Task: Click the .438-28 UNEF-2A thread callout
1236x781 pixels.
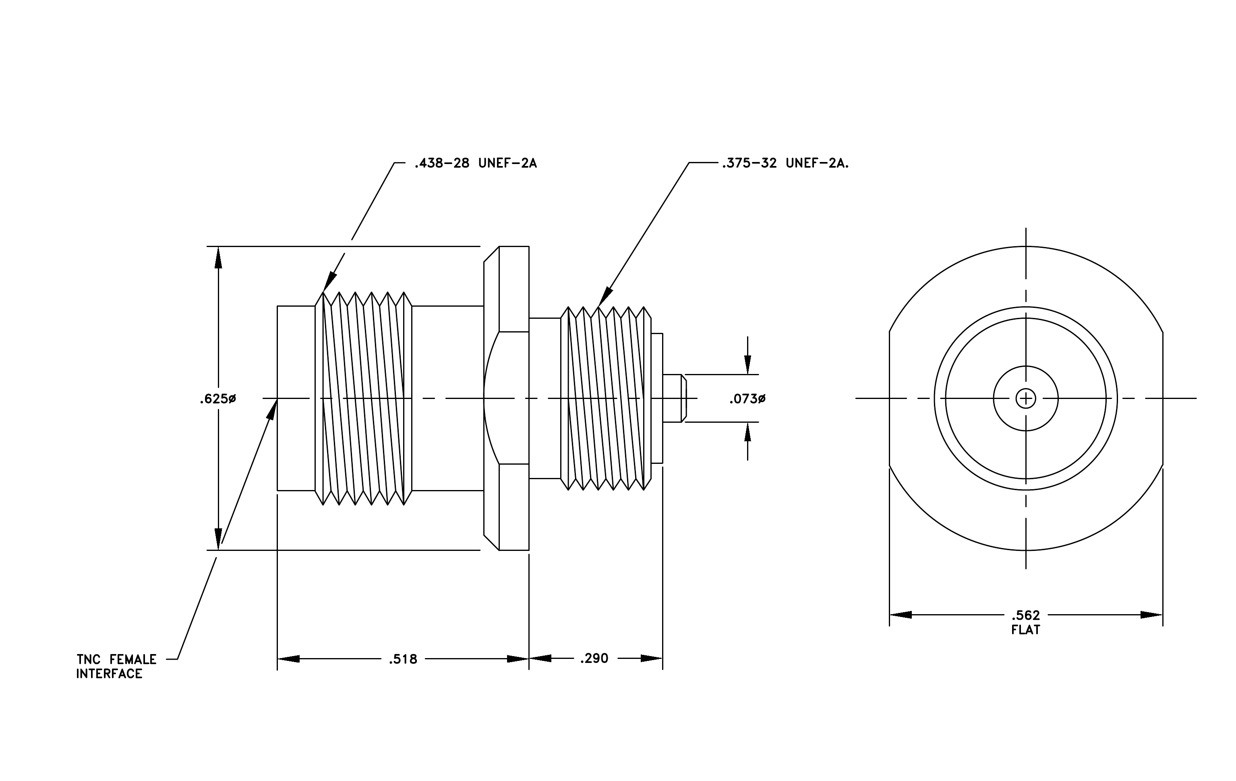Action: point(475,163)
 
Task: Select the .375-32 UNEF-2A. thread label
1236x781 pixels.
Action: point(785,163)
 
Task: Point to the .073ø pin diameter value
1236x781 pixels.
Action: point(747,399)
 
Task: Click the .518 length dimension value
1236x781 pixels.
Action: point(403,659)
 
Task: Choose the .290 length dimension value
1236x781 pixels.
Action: point(594,658)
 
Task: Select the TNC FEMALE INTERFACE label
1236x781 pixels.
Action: point(116,666)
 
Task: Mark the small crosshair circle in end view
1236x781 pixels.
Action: point(1025,399)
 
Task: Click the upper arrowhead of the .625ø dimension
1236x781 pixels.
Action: point(218,258)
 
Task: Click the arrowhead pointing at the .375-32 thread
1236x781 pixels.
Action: point(606,297)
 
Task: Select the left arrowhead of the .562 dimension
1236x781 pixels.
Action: point(901,615)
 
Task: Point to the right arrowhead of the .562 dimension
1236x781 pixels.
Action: point(1151,615)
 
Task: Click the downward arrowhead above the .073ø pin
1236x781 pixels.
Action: point(747,363)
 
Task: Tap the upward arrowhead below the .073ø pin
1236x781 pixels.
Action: point(747,433)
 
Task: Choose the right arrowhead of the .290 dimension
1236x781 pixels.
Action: point(651,658)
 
